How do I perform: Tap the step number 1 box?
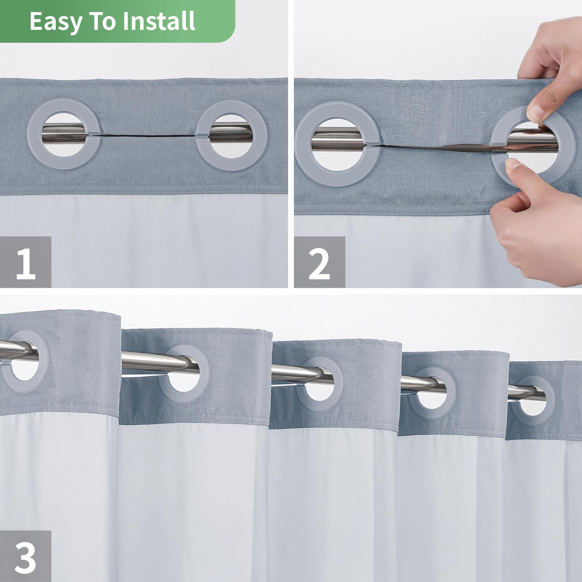[x=25, y=262]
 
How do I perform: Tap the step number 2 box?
[x=319, y=262]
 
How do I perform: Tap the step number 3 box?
[x=25, y=556]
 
